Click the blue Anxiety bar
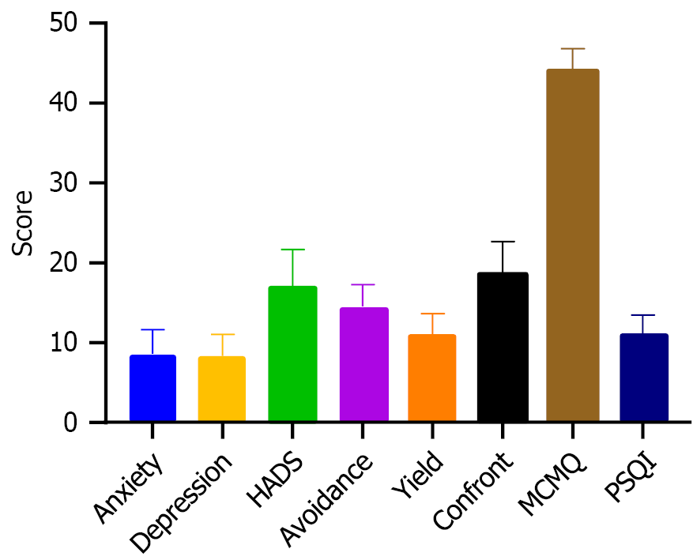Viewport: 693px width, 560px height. [x=153, y=389]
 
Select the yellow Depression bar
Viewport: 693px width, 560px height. [x=221, y=389]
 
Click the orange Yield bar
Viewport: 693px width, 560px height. [x=432, y=378]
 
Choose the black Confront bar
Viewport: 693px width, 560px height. [x=503, y=348]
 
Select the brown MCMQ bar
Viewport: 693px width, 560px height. [x=573, y=246]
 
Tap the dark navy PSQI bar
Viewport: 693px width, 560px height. [x=643, y=378]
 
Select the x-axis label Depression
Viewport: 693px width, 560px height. [x=183, y=502]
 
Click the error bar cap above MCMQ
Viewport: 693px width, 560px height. [x=573, y=49]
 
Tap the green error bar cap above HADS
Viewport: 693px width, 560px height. [x=292, y=250]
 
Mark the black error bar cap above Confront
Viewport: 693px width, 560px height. [x=503, y=242]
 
